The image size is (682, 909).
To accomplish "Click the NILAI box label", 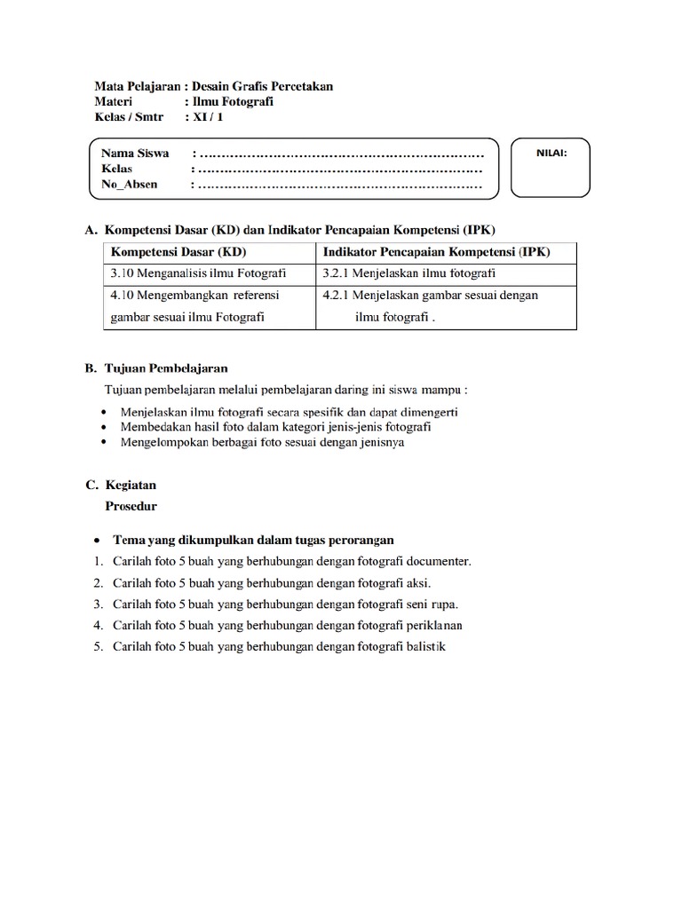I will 551,153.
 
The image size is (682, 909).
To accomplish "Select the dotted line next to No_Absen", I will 337,186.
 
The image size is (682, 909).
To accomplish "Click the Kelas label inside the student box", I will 116,169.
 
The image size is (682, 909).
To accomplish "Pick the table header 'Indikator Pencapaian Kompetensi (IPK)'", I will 436,252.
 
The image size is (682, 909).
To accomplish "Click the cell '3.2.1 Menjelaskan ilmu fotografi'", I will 409,273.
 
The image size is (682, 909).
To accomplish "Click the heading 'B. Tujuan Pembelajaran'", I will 156,367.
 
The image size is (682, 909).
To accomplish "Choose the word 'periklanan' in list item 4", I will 433,626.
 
